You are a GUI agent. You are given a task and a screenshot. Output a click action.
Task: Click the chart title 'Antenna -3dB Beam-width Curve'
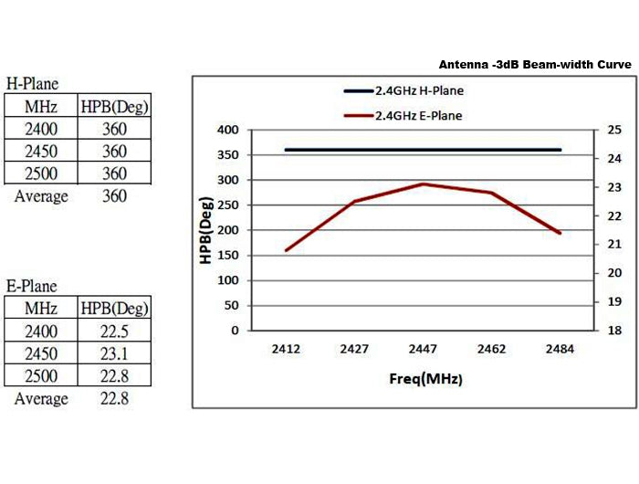(x=535, y=65)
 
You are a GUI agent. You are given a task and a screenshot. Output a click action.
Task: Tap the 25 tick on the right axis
(x=613, y=130)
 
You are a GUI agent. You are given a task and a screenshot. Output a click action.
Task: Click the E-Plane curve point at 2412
(x=286, y=250)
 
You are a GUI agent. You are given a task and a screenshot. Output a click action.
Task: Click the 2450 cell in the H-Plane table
(x=41, y=152)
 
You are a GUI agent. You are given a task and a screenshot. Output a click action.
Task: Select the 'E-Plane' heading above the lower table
(x=33, y=287)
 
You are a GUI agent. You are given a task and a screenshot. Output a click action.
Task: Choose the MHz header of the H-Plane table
(x=41, y=107)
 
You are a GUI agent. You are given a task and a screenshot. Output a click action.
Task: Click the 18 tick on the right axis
(x=613, y=331)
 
